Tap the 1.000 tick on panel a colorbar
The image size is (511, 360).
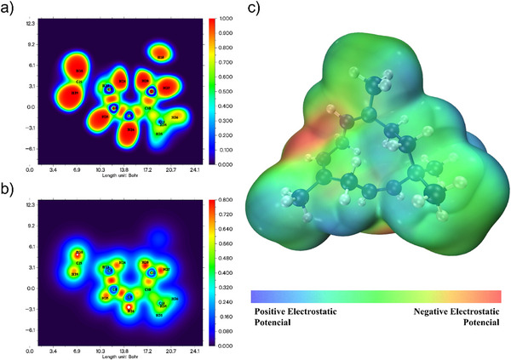(x=225, y=19)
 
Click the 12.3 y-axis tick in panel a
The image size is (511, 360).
(x=29, y=24)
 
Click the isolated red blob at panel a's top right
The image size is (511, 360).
(x=161, y=55)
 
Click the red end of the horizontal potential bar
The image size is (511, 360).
(x=496, y=296)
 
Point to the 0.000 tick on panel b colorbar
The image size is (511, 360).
(x=225, y=346)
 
